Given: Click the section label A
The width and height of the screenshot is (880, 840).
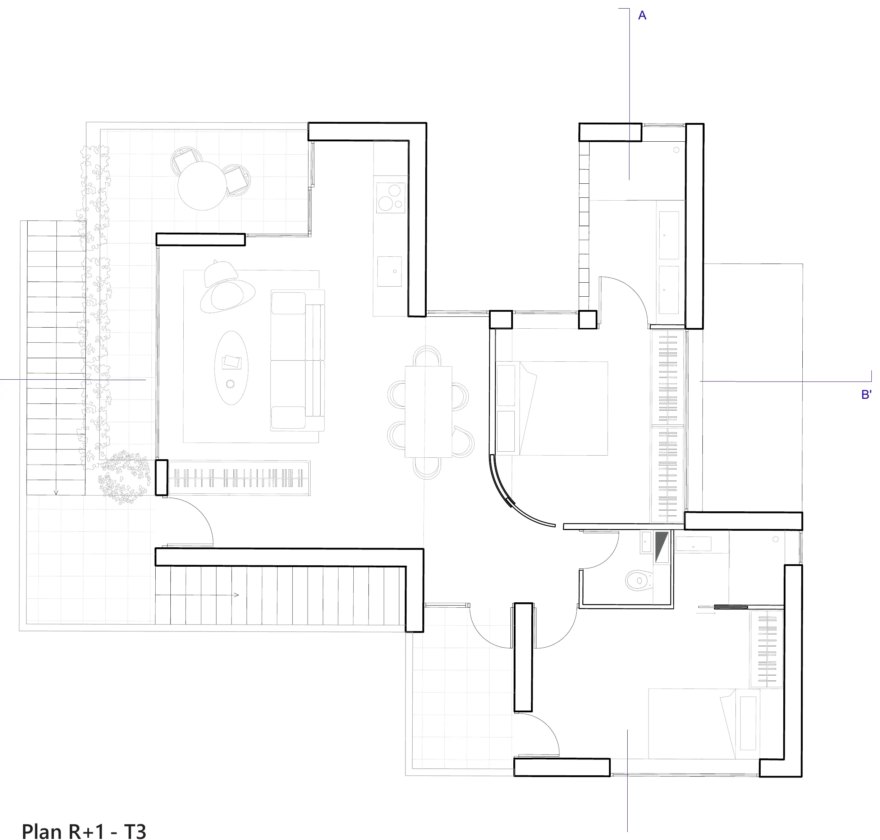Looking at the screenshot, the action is (x=642, y=16).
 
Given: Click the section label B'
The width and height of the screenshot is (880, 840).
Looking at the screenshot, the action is (x=866, y=394).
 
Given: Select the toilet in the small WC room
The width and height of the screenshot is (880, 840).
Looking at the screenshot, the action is (x=639, y=580).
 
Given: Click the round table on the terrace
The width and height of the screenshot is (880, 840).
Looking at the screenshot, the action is (x=202, y=186).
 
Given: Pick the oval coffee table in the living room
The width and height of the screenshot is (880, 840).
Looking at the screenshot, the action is (x=232, y=367).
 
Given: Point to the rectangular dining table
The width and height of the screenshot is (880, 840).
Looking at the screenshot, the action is (x=428, y=411).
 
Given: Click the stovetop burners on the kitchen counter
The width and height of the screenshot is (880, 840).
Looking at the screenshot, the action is (x=391, y=197).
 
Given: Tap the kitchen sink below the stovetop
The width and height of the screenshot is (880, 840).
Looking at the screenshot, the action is (x=389, y=271).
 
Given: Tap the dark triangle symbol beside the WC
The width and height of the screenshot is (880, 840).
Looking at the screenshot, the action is (x=661, y=546).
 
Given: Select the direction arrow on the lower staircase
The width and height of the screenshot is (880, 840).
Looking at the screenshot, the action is (x=197, y=595).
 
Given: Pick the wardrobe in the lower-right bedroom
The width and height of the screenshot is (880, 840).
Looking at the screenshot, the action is (x=767, y=648).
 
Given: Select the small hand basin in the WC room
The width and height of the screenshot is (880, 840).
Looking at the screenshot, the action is (x=646, y=542).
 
